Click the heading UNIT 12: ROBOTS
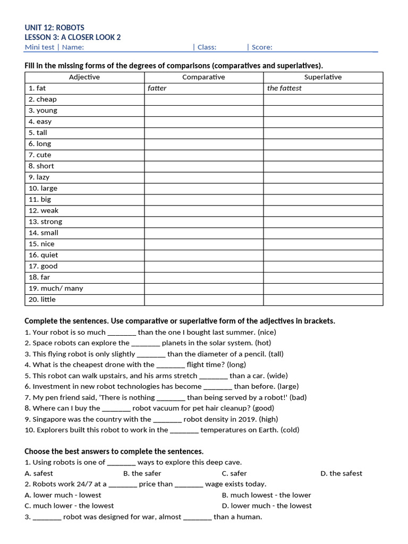(54, 27)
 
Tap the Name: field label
(73, 47)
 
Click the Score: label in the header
(262, 47)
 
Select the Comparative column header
(203, 77)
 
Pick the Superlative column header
(322, 77)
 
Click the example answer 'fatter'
(157, 88)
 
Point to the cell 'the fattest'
(284, 88)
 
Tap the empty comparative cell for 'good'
(203, 266)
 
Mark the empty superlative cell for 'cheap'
(322, 99)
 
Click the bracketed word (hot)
(263, 343)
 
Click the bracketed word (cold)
(290, 430)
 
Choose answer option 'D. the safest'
(341, 473)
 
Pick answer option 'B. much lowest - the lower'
(266, 495)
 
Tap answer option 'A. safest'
(39, 473)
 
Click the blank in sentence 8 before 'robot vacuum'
(116, 409)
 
